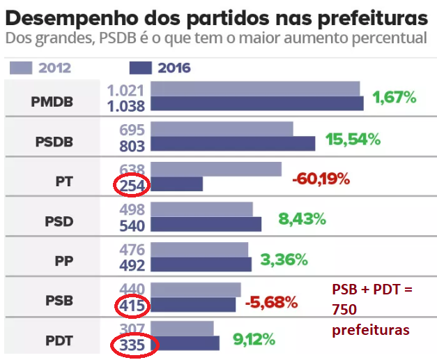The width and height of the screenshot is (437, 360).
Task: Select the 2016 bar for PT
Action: coord(177,184)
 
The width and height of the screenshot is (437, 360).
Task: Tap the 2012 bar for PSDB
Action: coord(222,130)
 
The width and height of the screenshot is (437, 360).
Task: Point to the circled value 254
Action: coord(130,186)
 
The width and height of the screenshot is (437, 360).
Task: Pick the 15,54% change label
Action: coord(353,139)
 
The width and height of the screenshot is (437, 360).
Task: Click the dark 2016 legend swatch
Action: coord(141,68)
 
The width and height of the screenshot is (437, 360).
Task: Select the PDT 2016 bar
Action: coord(185,343)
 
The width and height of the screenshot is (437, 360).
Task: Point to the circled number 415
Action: coord(130,305)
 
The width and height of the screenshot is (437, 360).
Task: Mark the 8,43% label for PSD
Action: coord(302,219)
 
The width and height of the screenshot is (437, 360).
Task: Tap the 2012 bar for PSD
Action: coord(201,209)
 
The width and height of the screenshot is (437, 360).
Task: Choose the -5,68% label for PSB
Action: coord(272,303)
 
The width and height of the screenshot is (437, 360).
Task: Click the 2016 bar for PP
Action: coord(201,264)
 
